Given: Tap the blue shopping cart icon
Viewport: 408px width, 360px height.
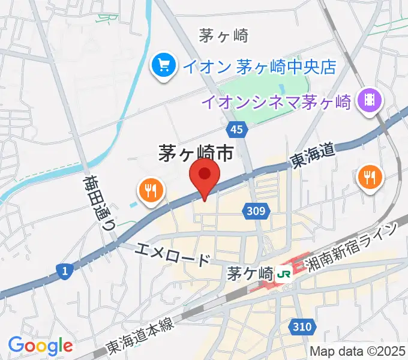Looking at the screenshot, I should (x=163, y=65).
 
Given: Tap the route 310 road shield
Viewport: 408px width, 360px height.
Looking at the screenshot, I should (x=304, y=327).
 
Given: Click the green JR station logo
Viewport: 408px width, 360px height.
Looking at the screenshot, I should (x=283, y=275).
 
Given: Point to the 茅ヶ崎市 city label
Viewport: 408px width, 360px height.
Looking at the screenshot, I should (x=196, y=154).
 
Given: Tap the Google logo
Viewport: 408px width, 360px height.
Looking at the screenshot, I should (x=40, y=345).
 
